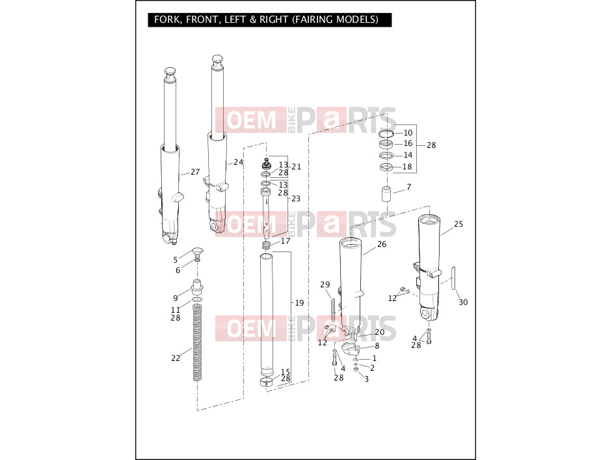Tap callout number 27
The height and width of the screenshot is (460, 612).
(195, 172)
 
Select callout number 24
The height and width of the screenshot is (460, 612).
(238, 162)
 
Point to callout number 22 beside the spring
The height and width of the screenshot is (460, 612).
(176, 358)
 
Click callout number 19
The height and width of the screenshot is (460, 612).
(299, 303)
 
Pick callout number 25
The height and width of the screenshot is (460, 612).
(459, 224)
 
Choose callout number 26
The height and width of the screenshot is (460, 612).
(382, 244)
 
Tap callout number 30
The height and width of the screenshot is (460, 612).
(463, 302)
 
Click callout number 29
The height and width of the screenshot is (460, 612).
(325, 285)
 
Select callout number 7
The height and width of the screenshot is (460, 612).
(408, 187)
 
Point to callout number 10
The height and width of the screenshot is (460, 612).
(408, 133)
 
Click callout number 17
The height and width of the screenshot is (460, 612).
(286, 241)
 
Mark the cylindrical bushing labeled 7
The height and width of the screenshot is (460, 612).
(386, 194)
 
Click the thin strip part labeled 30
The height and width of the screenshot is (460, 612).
(453, 278)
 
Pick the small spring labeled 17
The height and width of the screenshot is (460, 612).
(266, 245)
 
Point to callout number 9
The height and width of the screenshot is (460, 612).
(175, 298)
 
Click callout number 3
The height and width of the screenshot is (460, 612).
(366, 379)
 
